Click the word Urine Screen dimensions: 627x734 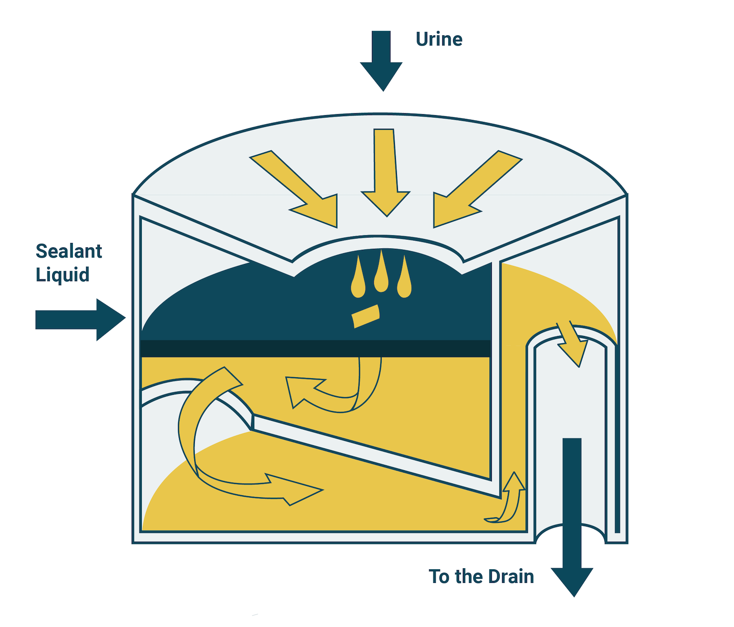[439, 39]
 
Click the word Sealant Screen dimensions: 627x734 [69, 251]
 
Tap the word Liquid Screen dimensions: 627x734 [63, 275]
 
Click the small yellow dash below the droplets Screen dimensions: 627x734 [366, 316]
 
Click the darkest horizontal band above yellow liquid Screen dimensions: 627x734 [316, 348]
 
